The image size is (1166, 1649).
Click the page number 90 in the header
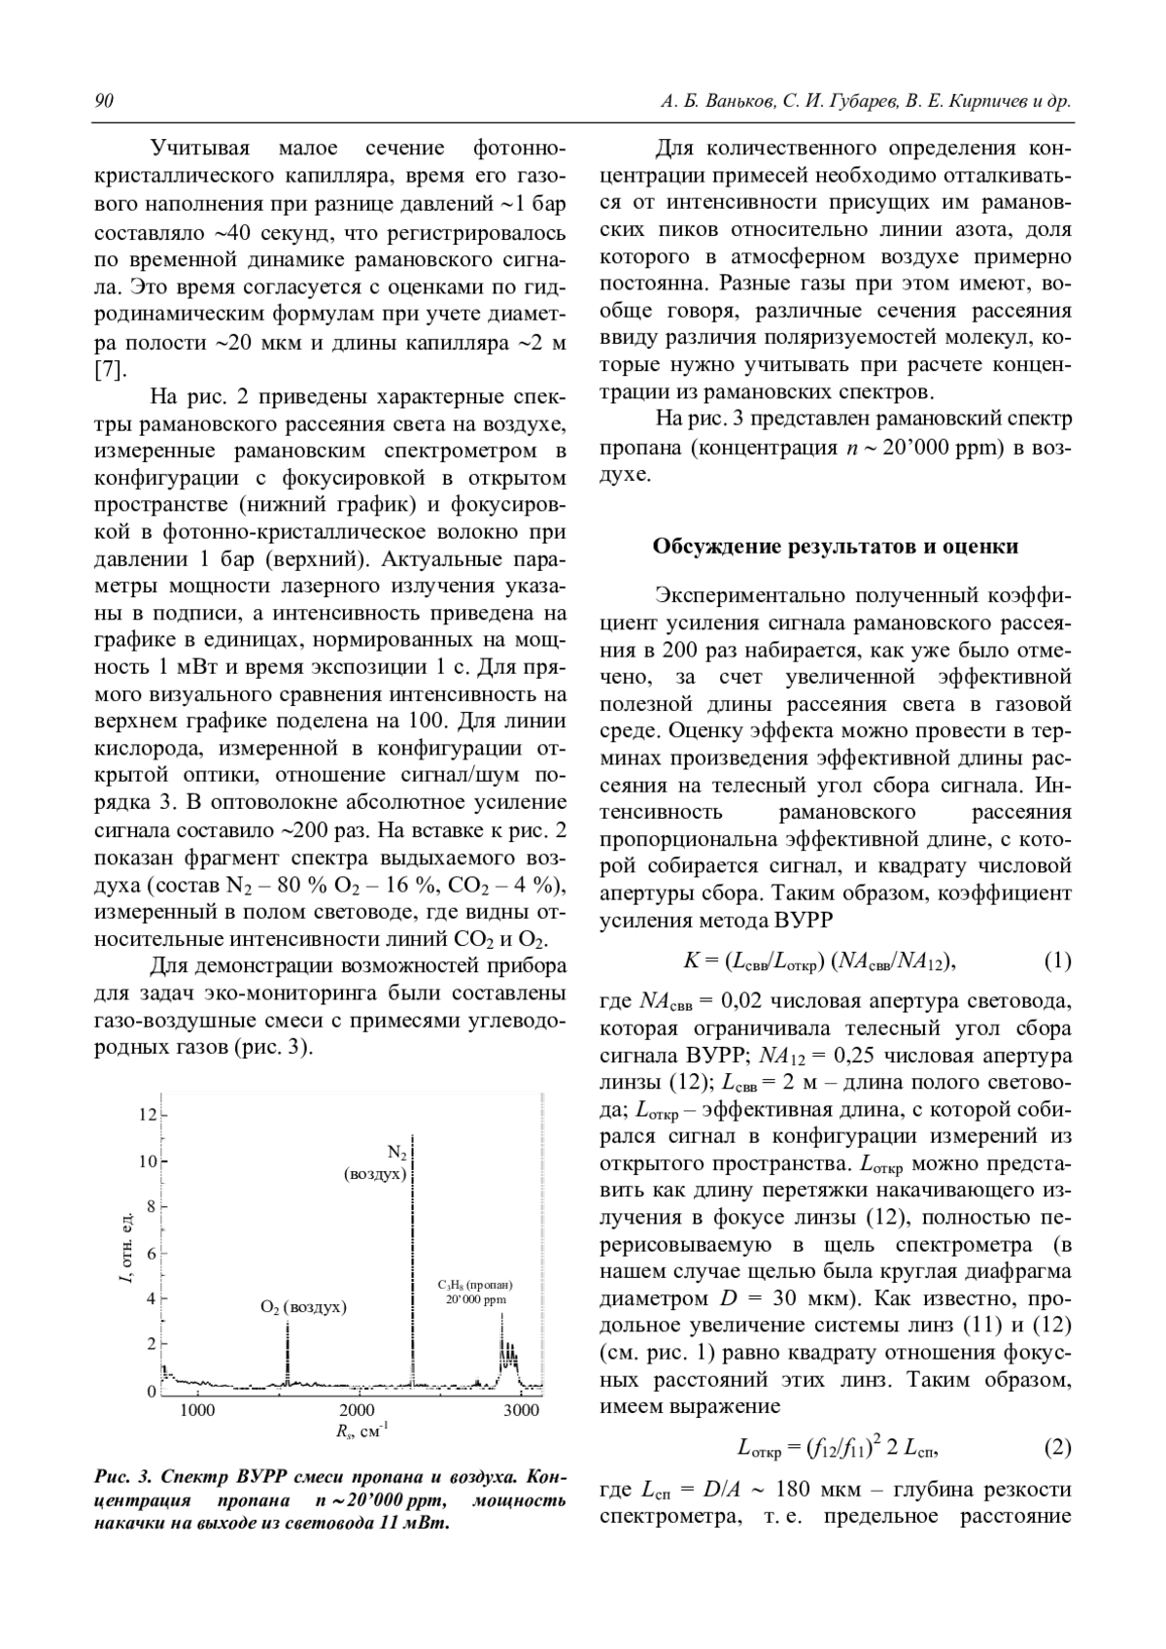point(104,102)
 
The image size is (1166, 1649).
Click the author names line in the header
point(865,102)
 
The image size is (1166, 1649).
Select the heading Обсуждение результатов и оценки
point(835,546)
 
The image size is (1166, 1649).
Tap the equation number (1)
point(1057,961)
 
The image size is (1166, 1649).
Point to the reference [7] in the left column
point(109,370)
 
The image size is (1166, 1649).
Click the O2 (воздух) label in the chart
point(303,1307)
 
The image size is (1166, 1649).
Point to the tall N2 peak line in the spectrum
point(413,1262)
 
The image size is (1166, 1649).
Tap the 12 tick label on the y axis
point(147,1114)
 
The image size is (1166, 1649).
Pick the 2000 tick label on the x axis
point(358,1410)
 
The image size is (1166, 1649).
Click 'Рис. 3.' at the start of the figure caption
point(121,1478)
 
